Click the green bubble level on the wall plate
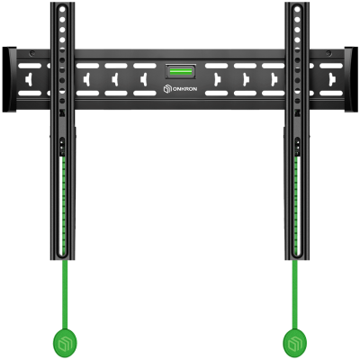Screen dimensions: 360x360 pyautogui.click(x=181, y=70)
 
